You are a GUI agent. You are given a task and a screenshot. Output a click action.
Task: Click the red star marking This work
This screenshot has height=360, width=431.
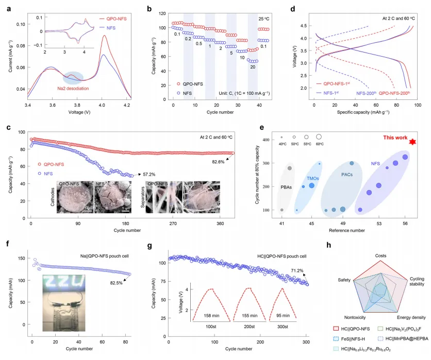[x=412, y=142]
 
